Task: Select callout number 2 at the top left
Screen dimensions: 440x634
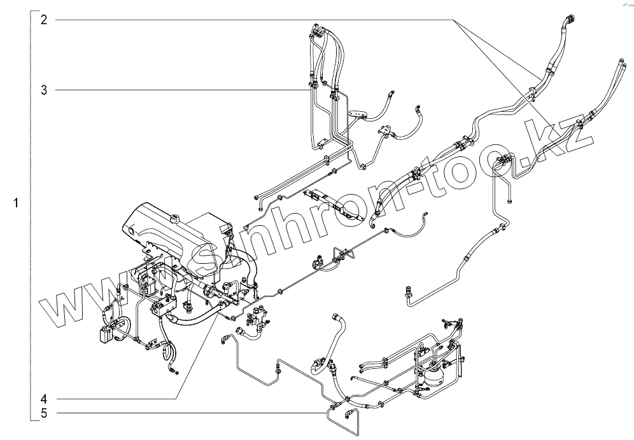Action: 44,20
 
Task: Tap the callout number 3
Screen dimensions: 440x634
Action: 44,90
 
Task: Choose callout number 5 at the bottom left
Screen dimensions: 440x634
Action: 44,413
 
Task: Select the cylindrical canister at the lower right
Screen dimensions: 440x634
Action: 433,373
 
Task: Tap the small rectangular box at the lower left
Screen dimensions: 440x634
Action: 105,334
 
